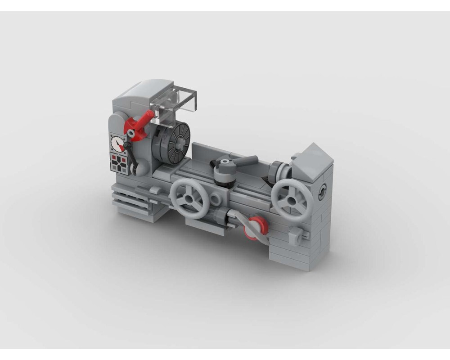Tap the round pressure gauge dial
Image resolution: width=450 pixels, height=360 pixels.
coord(118,144)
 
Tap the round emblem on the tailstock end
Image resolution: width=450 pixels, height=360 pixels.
coord(323,192)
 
